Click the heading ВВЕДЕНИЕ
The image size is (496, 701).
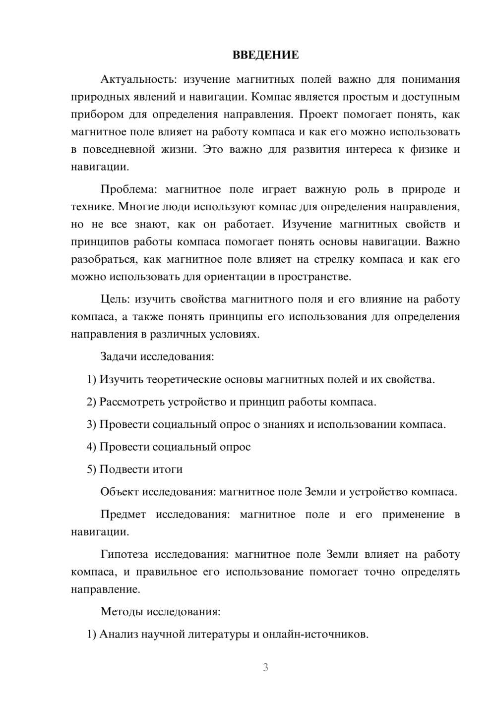[x=265, y=55]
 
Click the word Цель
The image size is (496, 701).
[x=115, y=299]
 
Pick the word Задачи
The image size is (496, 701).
[x=120, y=356]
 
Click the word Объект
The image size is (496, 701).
[x=120, y=492]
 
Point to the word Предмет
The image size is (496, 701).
[x=123, y=514]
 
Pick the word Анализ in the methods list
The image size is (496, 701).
[x=119, y=634]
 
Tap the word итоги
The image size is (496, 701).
[x=169, y=469]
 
